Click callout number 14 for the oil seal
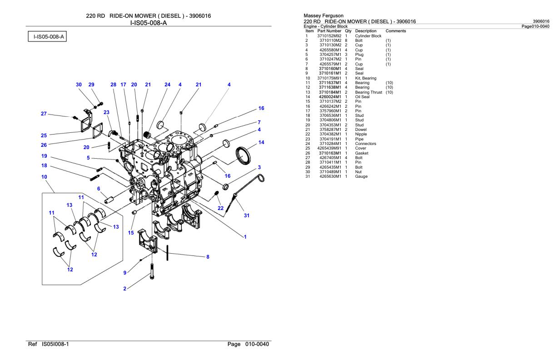click(261, 142)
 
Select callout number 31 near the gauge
click(247, 215)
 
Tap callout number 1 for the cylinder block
click(245, 236)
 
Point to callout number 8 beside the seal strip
click(208, 257)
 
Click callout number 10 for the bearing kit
click(45, 176)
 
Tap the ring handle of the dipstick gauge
click(260, 169)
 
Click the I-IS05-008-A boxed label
click(47, 36)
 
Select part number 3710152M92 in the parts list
click(329, 36)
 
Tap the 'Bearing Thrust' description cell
click(368, 92)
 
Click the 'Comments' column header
click(395, 31)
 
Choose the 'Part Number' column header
click(329, 31)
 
